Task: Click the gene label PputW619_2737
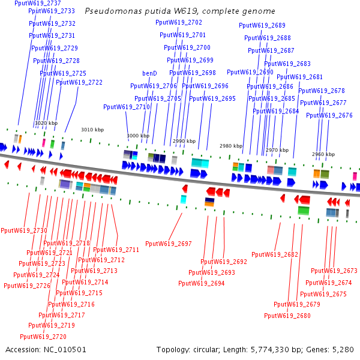click(x=38, y=3)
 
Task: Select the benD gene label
click(x=149, y=73)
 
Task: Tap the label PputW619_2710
click(x=126, y=107)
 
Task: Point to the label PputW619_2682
click(x=275, y=254)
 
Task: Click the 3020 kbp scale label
click(x=46, y=123)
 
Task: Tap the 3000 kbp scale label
click(x=137, y=136)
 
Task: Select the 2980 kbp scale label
click(x=230, y=146)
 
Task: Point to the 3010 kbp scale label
click(x=92, y=130)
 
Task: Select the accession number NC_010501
click(x=65, y=349)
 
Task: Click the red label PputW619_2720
click(x=43, y=337)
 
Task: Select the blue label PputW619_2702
click(x=179, y=22)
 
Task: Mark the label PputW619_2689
click(x=262, y=25)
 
